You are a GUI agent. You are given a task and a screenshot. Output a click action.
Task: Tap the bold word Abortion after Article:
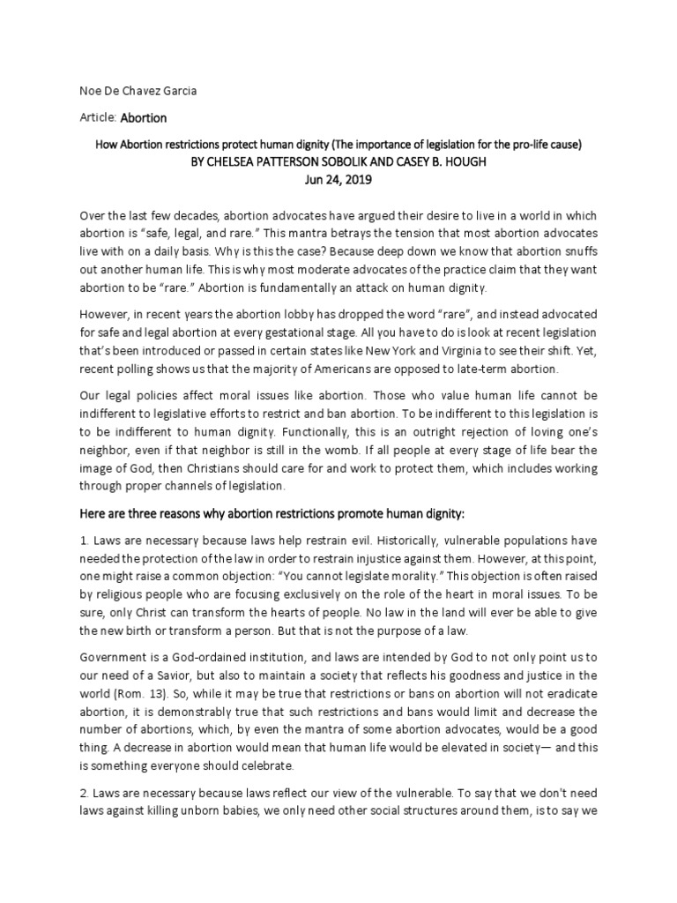(x=144, y=117)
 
